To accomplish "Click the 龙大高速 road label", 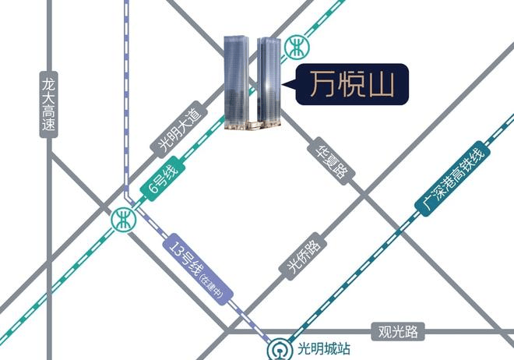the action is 48,104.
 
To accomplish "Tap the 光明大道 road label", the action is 178,129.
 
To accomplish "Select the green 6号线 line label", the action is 163,179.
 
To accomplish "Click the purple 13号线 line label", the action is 198,269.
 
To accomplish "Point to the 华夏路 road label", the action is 332,161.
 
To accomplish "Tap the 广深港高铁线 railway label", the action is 452,179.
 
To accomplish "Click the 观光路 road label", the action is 398,331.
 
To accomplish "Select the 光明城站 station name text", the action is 323,349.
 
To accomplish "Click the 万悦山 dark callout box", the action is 352,84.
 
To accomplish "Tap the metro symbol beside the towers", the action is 297,48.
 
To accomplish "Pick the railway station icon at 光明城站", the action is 280,351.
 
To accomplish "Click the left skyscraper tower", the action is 236,82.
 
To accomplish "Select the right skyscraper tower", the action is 269,82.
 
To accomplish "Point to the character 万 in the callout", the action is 323,84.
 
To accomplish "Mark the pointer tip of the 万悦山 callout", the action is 282,85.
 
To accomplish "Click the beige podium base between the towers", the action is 254,125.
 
